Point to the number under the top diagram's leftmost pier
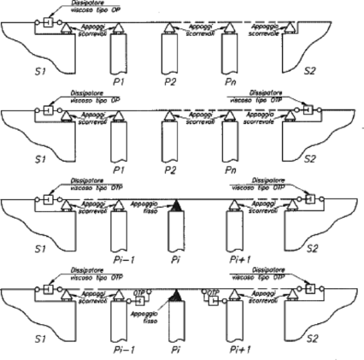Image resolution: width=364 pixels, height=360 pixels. (x=119, y=81)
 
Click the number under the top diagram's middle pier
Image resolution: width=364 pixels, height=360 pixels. (x=172, y=81)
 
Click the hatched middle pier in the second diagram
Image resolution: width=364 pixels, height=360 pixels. (x=172, y=137)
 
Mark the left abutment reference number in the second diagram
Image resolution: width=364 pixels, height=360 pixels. (x=38, y=159)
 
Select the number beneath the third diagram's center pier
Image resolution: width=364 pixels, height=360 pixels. (x=177, y=256)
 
